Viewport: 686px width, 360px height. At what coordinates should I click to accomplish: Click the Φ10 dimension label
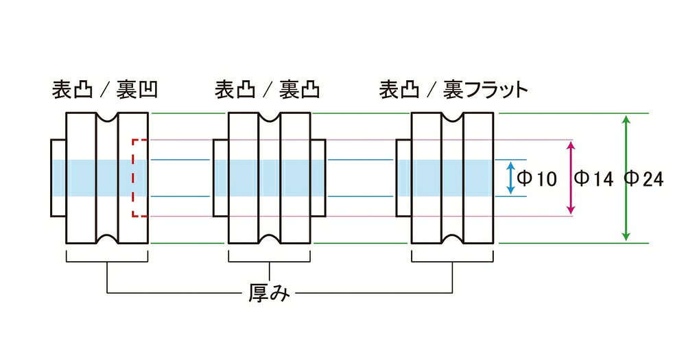point(536,178)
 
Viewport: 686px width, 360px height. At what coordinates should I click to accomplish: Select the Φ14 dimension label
point(593,178)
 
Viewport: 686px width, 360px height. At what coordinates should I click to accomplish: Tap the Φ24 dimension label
point(643,178)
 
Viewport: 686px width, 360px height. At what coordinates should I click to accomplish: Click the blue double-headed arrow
point(510,178)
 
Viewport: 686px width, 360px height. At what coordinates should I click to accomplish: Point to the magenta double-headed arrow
point(571,178)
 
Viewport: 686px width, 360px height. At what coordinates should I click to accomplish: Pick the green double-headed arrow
point(626,178)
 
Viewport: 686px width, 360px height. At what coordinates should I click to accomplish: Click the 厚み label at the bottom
point(269,292)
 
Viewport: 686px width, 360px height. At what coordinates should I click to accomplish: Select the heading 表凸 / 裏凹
point(104,90)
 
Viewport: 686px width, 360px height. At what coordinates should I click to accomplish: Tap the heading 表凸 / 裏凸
point(268,90)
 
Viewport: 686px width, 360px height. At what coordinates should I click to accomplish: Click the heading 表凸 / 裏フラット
point(453,90)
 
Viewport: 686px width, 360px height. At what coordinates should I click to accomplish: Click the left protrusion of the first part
point(58,178)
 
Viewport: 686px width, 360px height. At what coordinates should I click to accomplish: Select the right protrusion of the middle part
point(318,178)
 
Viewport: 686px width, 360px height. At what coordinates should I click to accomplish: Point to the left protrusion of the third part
point(404,178)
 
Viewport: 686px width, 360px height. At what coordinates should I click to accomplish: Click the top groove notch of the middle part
point(270,117)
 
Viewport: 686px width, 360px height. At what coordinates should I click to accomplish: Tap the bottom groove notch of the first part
point(107,239)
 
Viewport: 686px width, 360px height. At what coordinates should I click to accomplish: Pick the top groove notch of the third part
point(453,117)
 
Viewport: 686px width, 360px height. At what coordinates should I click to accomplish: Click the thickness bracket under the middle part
point(270,261)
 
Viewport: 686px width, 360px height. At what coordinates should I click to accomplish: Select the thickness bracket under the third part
point(453,261)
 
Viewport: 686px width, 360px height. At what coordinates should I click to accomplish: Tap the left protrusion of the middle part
point(221,178)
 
